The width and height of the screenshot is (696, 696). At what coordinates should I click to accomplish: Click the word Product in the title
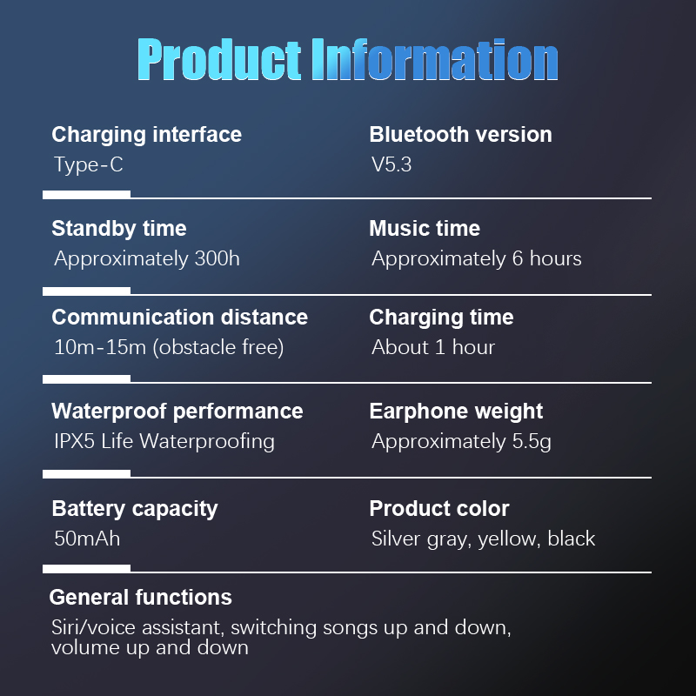(x=220, y=59)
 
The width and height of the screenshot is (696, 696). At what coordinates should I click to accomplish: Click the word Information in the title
(x=435, y=59)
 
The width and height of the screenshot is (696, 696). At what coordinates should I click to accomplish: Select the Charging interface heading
(x=146, y=135)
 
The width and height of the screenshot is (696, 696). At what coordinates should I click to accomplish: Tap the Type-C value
(x=89, y=164)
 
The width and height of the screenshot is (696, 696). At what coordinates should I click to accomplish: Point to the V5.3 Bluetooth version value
(x=391, y=164)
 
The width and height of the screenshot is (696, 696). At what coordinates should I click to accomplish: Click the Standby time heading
(x=119, y=229)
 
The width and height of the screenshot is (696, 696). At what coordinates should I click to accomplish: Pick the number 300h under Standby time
(x=217, y=258)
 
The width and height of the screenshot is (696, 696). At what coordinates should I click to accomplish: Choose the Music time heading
(x=425, y=229)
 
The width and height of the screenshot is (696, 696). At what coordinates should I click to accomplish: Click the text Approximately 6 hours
(x=476, y=259)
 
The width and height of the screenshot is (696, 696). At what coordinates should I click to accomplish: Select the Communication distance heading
(x=179, y=318)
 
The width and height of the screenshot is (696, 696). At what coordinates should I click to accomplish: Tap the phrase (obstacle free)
(x=218, y=347)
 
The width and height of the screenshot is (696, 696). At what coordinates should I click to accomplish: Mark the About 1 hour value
(x=432, y=347)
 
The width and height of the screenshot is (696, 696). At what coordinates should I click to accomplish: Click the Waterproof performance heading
(x=177, y=412)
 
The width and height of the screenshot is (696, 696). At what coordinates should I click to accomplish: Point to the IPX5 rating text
(x=74, y=442)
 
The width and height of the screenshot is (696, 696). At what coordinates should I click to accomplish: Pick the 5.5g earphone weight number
(x=532, y=442)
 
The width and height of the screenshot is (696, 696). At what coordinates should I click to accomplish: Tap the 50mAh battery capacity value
(x=87, y=539)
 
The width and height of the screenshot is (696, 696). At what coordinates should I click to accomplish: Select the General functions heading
(x=140, y=598)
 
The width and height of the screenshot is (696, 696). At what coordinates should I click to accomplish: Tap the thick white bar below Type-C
(x=86, y=194)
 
